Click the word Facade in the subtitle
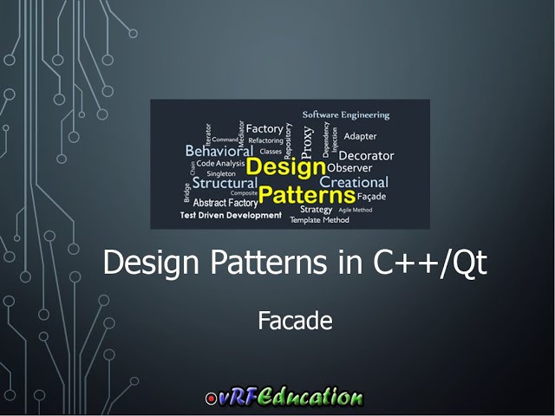(x=295, y=321)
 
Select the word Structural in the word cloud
(x=224, y=184)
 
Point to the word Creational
(x=354, y=182)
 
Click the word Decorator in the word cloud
(x=366, y=155)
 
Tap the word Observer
(x=349, y=168)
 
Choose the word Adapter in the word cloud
(x=360, y=136)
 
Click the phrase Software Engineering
(x=346, y=114)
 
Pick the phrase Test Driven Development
(x=231, y=215)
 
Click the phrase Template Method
(x=319, y=220)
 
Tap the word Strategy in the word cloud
(x=317, y=209)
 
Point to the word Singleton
(x=221, y=173)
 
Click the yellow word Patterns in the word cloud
(x=307, y=193)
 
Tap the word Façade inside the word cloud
(x=371, y=197)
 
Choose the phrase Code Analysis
(x=220, y=163)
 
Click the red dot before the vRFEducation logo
(x=211, y=400)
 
